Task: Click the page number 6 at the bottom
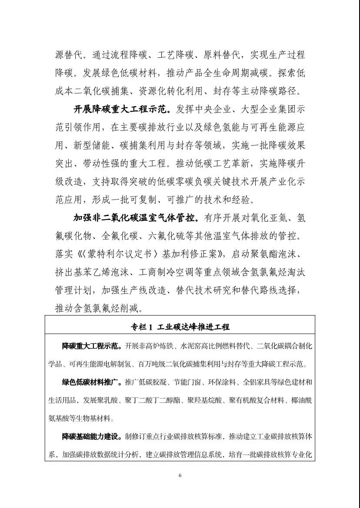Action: [x=180, y=475]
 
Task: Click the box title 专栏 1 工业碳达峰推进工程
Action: [x=180, y=327]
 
